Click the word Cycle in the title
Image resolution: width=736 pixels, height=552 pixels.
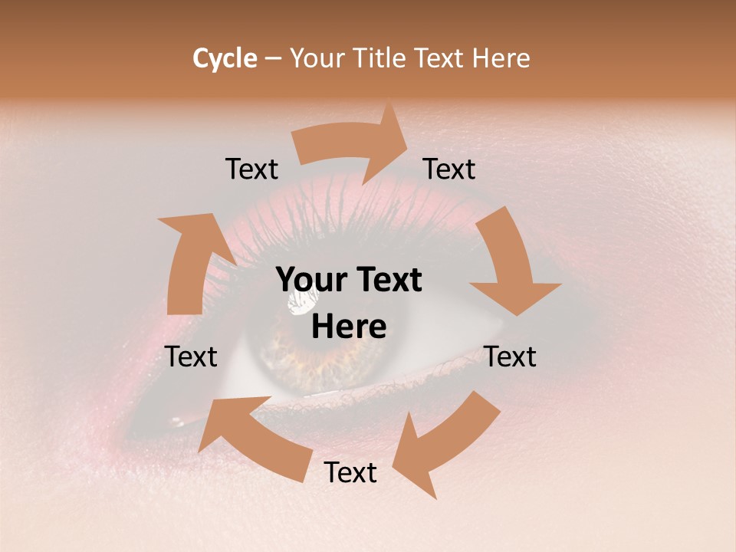pyautogui.click(x=225, y=58)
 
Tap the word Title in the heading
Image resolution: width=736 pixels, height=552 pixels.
pyautogui.click(x=380, y=58)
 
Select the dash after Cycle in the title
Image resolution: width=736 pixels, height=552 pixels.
pyautogui.click(x=273, y=58)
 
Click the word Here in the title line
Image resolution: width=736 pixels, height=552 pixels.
pyautogui.click(x=500, y=58)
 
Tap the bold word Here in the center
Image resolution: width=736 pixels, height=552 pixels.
pyautogui.click(x=349, y=327)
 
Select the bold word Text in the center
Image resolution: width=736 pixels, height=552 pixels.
pyautogui.click(x=387, y=281)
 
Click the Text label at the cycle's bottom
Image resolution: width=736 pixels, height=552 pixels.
pyautogui.click(x=350, y=473)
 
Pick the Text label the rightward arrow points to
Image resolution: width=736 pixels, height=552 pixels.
pyautogui.click(x=449, y=169)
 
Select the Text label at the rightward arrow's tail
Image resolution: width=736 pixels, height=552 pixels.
pyautogui.click(x=251, y=169)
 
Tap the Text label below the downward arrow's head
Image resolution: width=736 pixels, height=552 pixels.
pyautogui.click(x=511, y=356)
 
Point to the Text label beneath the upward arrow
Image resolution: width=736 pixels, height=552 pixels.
pyautogui.click(x=192, y=356)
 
